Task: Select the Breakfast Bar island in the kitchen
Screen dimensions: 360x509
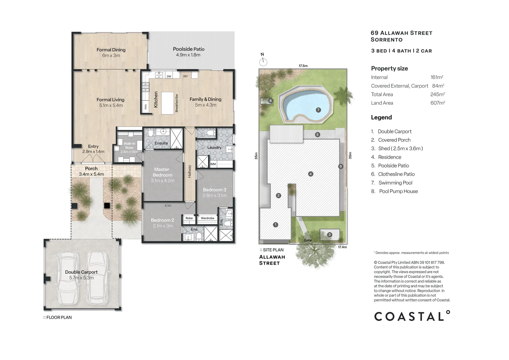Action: point(168,103)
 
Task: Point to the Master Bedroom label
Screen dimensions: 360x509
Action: point(162,172)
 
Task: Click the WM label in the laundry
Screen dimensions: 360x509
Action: point(213,164)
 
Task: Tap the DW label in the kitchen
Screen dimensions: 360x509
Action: point(169,76)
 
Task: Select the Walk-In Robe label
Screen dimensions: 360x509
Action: point(129,146)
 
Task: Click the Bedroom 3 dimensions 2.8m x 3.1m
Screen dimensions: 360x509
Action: point(214,195)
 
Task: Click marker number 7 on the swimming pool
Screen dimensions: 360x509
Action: point(318,110)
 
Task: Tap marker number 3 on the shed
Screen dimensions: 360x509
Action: point(329,235)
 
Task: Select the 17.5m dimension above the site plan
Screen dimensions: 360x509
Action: point(303,66)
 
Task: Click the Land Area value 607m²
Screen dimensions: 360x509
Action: point(437,103)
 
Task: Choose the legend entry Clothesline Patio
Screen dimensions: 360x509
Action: point(396,174)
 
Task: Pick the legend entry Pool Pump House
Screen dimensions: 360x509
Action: point(398,191)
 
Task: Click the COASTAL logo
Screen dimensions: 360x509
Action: point(412,316)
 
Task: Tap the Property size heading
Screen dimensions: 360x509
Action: point(389,68)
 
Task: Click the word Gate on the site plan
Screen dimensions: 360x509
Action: point(308,240)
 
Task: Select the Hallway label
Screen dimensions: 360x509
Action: point(190,171)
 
